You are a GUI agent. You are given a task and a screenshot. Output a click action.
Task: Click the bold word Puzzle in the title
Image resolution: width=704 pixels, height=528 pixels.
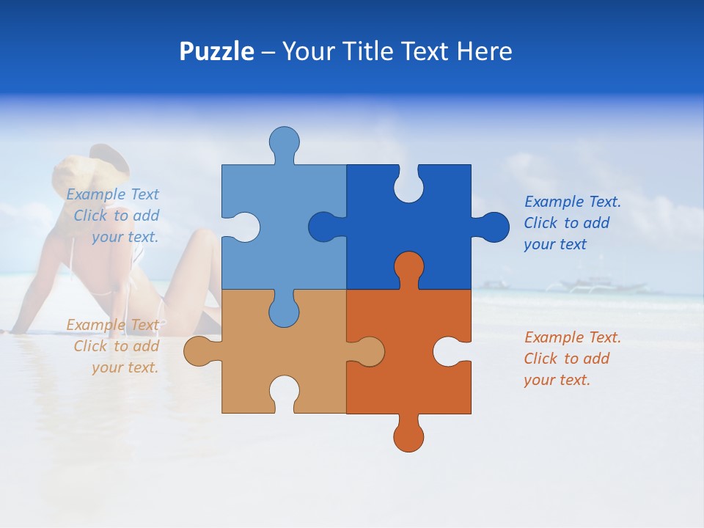216,51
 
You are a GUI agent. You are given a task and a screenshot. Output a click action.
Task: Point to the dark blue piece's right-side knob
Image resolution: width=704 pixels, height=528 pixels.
493,227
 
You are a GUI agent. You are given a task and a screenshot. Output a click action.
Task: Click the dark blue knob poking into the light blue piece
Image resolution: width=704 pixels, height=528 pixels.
324,227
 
